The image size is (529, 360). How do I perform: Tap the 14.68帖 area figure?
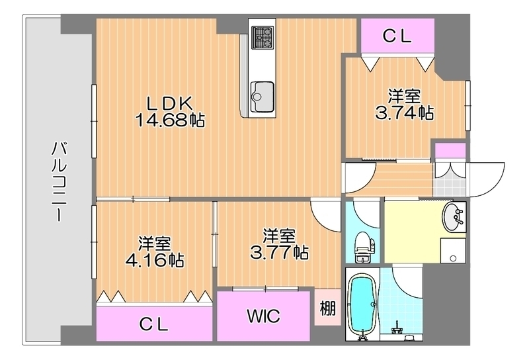170,120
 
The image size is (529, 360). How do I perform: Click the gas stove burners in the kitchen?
263,37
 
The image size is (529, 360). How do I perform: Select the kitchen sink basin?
262,96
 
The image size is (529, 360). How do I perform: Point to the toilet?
364,247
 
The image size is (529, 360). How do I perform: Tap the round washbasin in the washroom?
454,217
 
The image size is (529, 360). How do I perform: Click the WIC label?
263,316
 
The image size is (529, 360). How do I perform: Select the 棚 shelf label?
327,308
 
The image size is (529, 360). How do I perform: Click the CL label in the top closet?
397,36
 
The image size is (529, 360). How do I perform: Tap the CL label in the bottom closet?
154,324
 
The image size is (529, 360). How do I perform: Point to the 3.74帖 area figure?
405,112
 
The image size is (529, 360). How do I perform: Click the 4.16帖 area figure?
155,259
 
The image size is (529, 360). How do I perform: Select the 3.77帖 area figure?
279,252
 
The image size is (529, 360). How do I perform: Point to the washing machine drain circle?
453,259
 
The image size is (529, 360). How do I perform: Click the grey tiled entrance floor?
450,187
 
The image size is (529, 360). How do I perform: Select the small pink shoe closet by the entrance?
450,151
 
